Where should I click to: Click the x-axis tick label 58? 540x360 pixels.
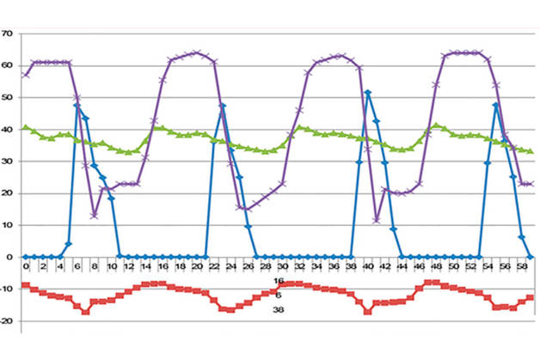[519, 267]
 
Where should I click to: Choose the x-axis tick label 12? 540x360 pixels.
[129, 267]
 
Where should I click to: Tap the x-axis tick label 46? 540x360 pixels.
[417, 267]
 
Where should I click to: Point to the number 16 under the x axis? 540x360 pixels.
[279, 281]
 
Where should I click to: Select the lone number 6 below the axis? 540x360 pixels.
[279, 294]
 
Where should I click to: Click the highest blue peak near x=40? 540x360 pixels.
[368, 93]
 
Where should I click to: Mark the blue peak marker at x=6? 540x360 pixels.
[77, 106]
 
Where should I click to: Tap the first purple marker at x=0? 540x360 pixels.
[26, 75]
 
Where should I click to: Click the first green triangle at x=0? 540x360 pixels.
[26, 127]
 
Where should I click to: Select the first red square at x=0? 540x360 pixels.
[26, 285]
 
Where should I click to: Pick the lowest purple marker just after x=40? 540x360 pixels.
[377, 220]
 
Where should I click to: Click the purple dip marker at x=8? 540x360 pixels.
[94, 215]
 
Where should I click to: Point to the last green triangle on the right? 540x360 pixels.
[531, 151]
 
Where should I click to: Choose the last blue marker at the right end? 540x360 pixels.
[531, 256]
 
